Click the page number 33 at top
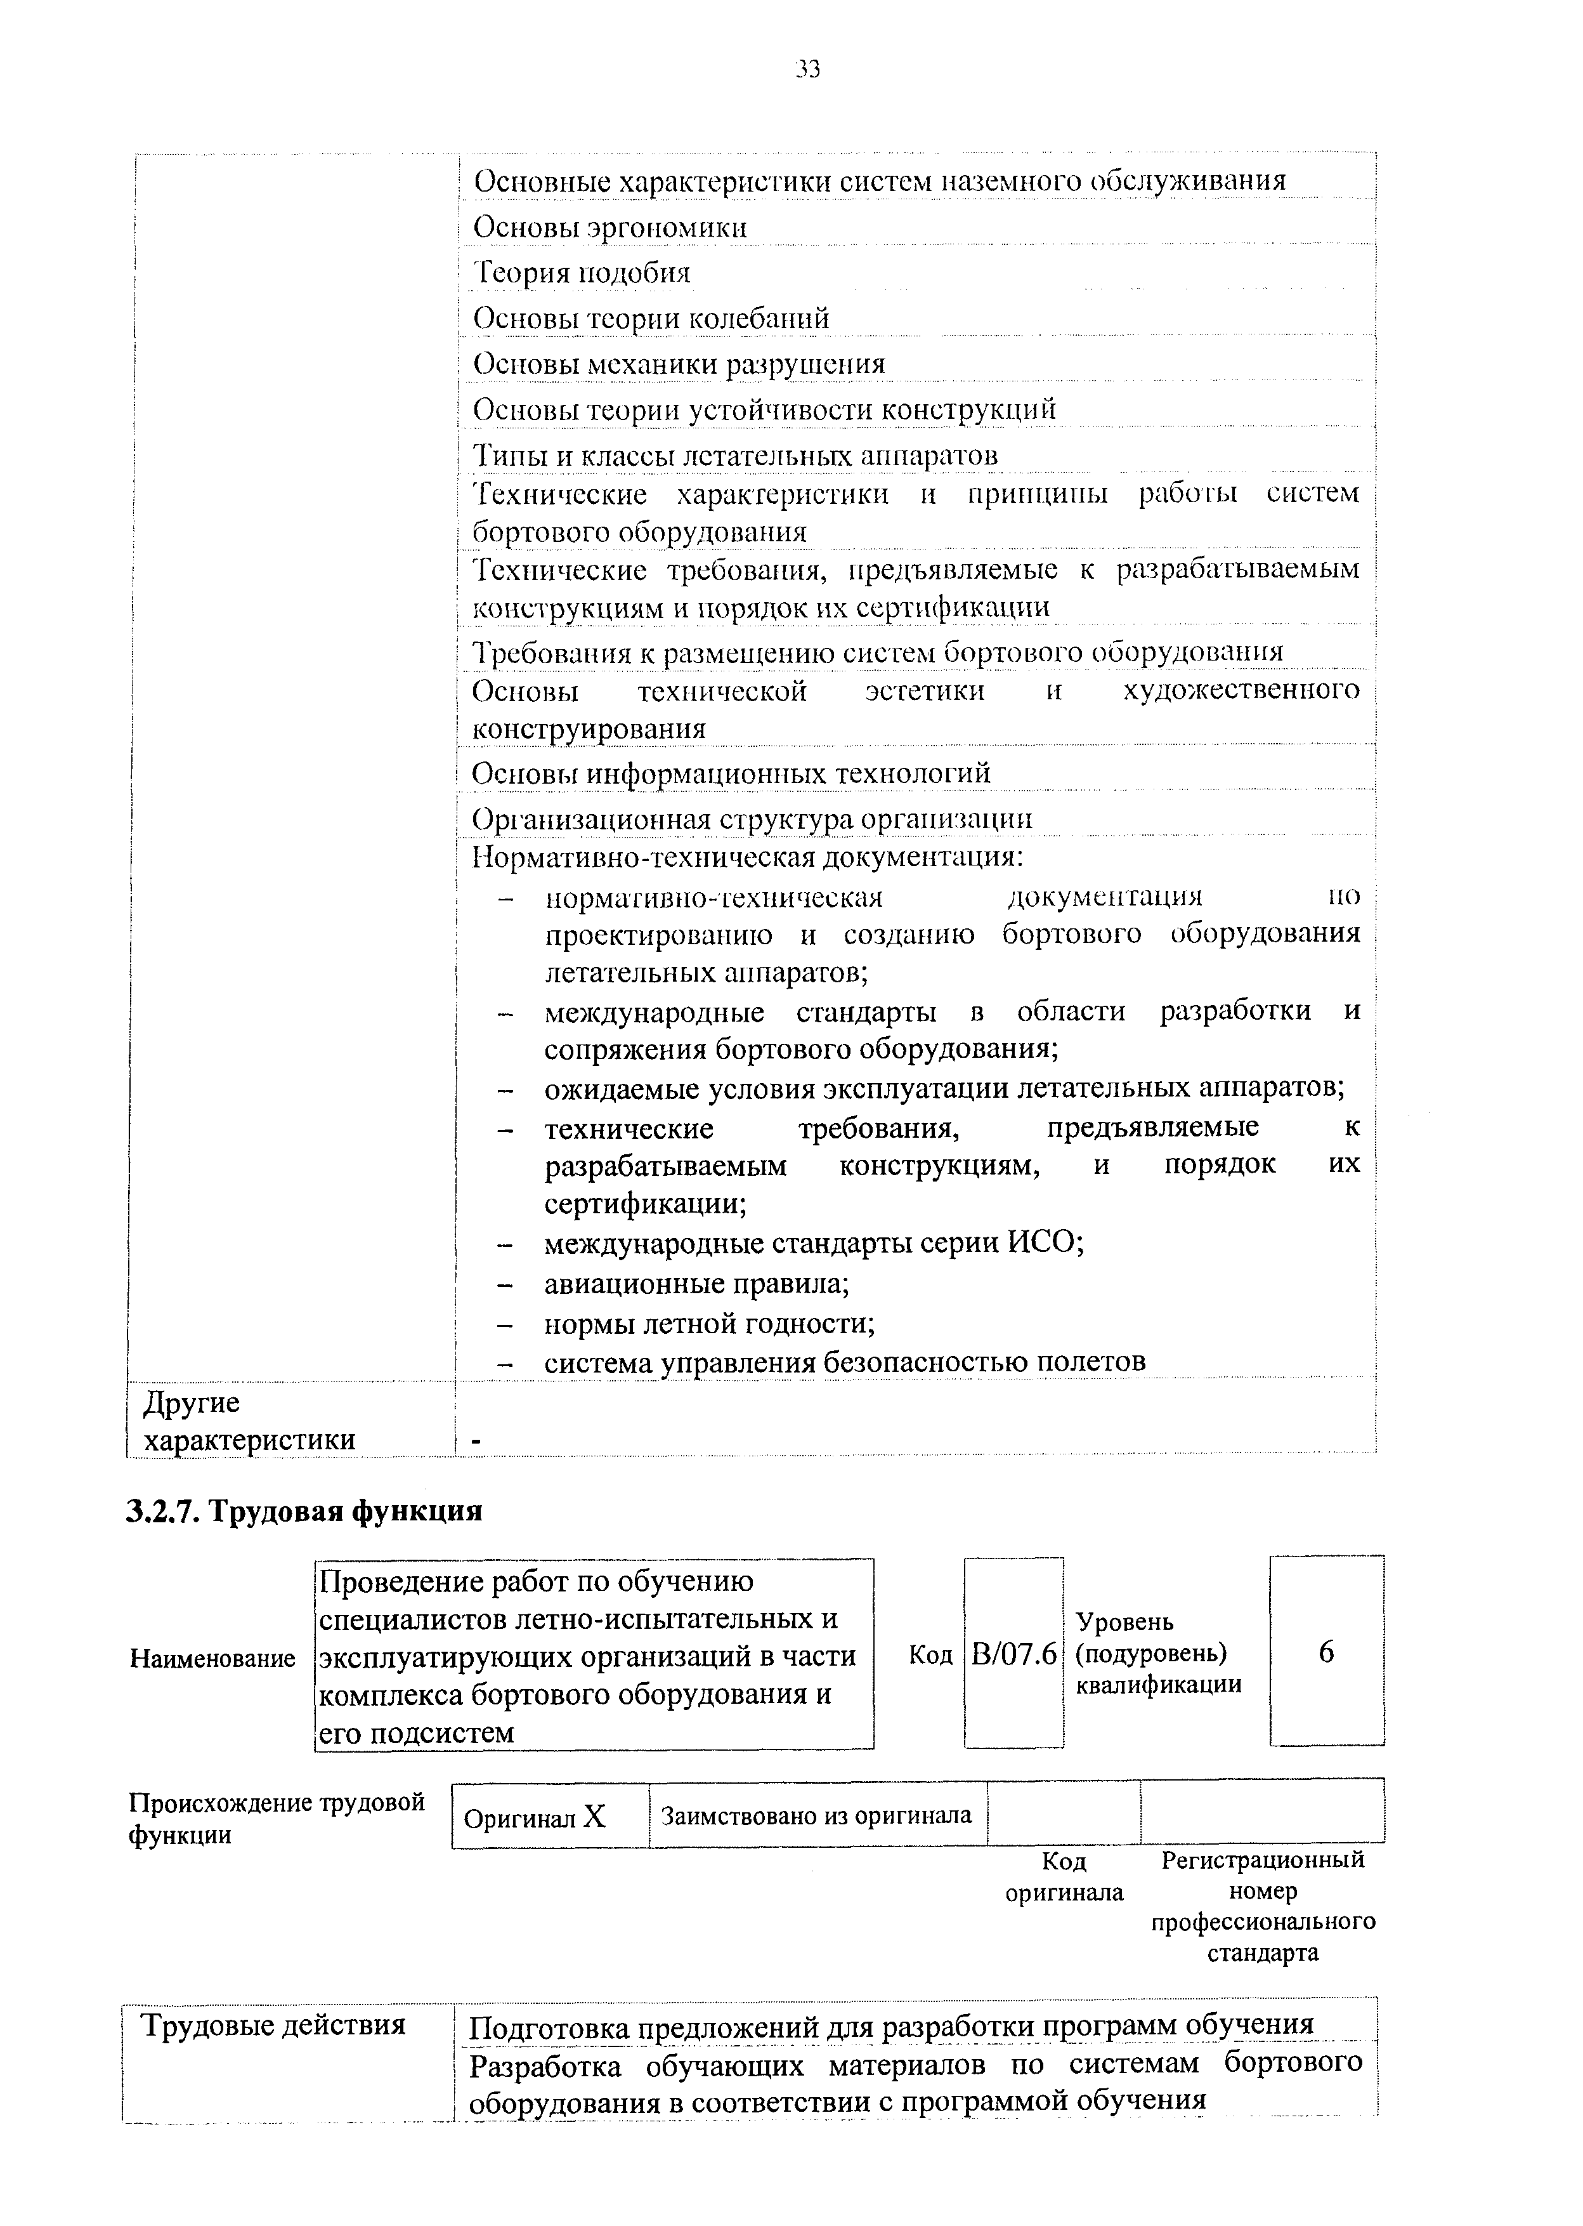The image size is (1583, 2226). coord(807,69)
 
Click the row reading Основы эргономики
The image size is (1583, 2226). coord(610,227)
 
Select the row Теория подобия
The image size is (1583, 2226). coord(582,272)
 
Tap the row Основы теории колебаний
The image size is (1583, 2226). coord(651,318)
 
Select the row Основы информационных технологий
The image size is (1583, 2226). coord(731,774)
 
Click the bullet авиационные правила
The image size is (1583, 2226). coord(697,1283)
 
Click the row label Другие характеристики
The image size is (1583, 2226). coord(249,1421)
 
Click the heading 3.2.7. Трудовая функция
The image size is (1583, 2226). coord(305,1510)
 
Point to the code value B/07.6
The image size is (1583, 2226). coord(1013,1655)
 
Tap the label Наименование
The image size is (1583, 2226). coord(212,1659)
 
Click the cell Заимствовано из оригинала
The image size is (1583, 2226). coord(817,1815)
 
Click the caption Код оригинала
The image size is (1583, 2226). coord(1064,1877)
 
